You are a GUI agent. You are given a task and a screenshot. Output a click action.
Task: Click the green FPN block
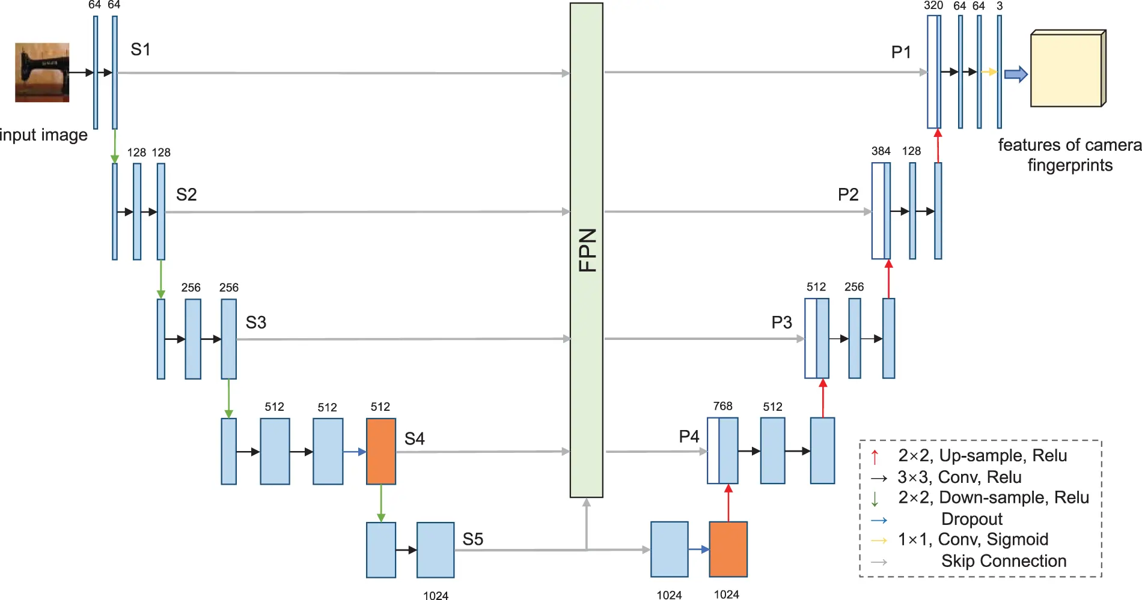[x=586, y=250]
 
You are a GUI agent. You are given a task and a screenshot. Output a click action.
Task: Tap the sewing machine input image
[x=42, y=72]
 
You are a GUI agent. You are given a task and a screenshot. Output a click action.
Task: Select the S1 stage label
[x=141, y=49]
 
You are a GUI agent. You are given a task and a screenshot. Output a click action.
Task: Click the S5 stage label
[x=473, y=539]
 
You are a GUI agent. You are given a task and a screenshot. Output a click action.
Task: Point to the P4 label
[x=689, y=436]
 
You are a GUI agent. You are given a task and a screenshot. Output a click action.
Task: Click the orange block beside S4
[x=381, y=451]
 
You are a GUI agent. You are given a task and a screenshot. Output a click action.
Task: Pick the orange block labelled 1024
[x=728, y=549]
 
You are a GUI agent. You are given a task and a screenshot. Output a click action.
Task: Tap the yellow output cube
[x=1068, y=68]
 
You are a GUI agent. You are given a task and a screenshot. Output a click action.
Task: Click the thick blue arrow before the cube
[x=1016, y=74]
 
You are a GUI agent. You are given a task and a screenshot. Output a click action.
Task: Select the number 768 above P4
[x=722, y=406]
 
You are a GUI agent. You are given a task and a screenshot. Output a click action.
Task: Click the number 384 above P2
[x=881, y=151]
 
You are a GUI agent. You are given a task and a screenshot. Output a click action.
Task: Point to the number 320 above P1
[x=933, y=5]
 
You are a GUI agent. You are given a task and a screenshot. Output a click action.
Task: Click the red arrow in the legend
[x=875, y=456]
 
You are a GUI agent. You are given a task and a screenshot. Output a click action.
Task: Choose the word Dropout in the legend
[x=972, y=518]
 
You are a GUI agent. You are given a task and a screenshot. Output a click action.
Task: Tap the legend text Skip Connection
[x=1004, y=560]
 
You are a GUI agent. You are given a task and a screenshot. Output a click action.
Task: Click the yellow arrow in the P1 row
[x=989, y=72]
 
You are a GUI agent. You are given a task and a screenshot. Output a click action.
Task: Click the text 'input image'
[x=43, y=135]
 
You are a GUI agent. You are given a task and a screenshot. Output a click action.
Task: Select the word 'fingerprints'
[x=1070, y=165]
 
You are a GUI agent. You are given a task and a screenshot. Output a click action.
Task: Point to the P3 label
[x=781, y=323]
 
